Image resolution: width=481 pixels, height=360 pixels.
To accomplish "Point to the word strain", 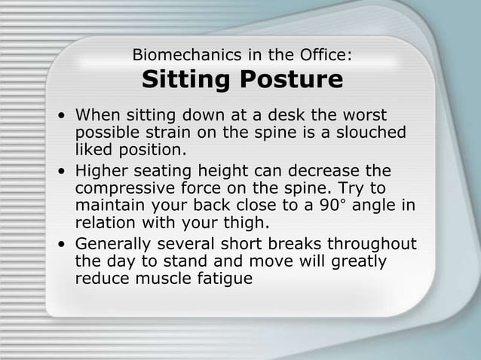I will (x=162, y=133).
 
